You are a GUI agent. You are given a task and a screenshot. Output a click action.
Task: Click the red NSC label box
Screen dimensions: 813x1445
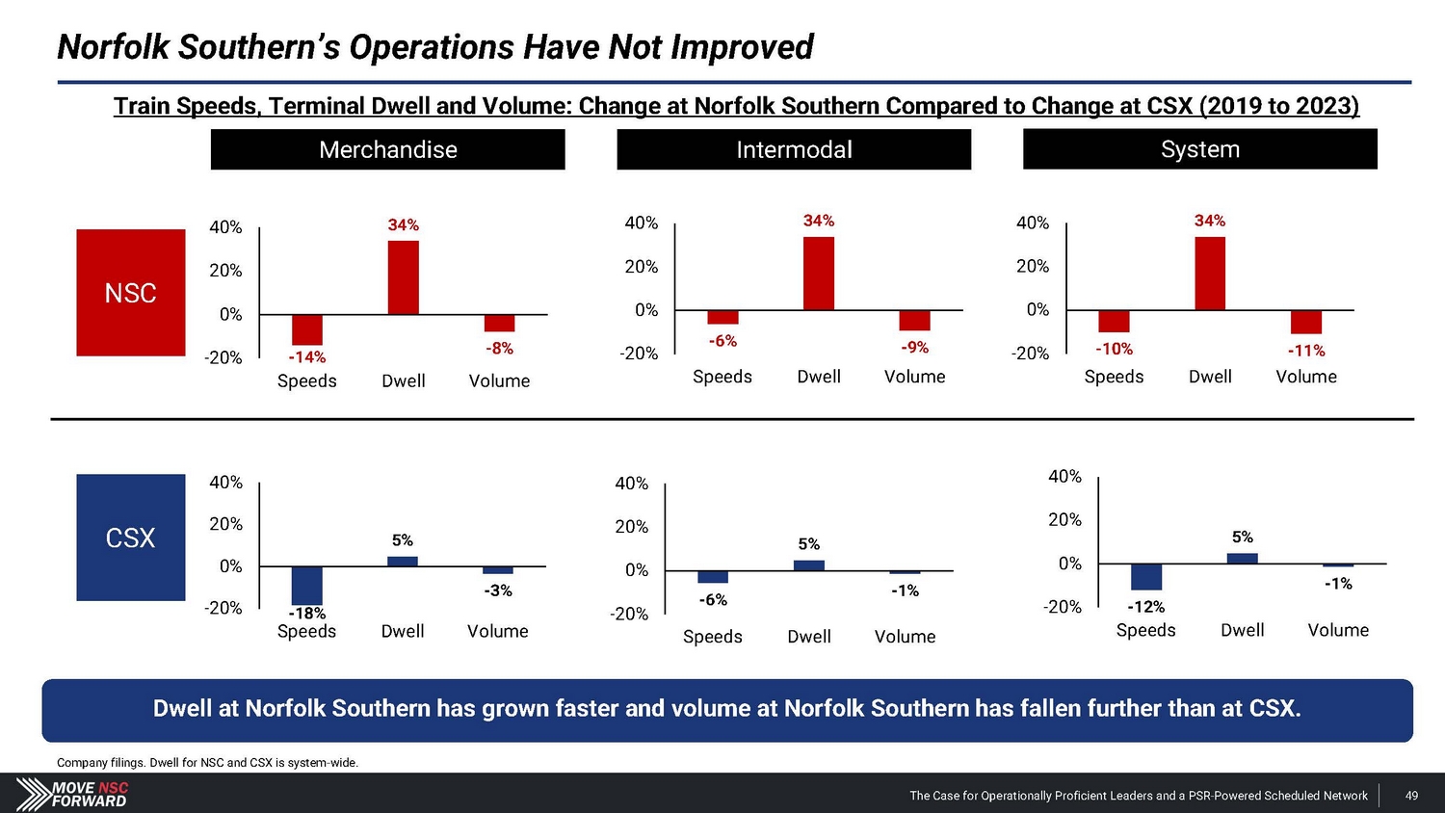[x=131, y=293]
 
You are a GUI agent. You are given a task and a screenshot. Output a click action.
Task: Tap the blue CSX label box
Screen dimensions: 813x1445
[x=131, y=538]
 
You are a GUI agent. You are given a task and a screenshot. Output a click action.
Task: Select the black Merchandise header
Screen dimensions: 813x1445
[x=388, y=150]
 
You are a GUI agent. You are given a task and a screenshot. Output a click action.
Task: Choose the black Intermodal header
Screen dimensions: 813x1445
[x=794, y=150]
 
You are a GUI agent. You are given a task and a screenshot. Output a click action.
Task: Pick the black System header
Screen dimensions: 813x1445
[x=1199, y=149]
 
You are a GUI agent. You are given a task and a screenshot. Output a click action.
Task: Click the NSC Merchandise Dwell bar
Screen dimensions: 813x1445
[x=404, y=277]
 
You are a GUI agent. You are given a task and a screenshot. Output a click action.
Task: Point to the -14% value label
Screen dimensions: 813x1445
[x=307, y=357]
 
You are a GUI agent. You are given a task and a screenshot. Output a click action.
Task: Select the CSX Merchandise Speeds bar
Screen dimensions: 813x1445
[x=307, y=586]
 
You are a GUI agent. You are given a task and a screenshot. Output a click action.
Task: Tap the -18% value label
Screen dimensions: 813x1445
[x=307, y=614]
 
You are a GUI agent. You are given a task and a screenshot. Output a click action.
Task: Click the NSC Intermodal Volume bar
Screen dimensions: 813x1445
[x=915, y=320]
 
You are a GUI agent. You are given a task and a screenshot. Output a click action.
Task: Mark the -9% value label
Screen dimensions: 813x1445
[x=915, y=348]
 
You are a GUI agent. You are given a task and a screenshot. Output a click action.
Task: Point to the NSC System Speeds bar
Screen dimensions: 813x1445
[x=1114, y=321]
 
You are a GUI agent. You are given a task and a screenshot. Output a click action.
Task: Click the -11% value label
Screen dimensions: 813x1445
[x=1306, y=351]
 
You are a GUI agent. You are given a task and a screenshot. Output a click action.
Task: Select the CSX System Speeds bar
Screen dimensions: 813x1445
[x=1146, y=576]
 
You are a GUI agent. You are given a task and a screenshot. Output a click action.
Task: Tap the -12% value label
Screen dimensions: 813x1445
[x=1146, y=607]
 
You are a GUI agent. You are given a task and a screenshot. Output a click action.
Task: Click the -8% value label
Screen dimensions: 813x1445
[x=499, y=349]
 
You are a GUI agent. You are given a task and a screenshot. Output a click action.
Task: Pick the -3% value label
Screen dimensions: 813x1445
[x=498, y=590]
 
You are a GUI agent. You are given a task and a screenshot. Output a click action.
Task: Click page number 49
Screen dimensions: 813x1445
[x=1411, y=796]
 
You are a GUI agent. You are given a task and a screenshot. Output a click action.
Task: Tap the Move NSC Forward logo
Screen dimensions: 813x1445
[x=72, y=794]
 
